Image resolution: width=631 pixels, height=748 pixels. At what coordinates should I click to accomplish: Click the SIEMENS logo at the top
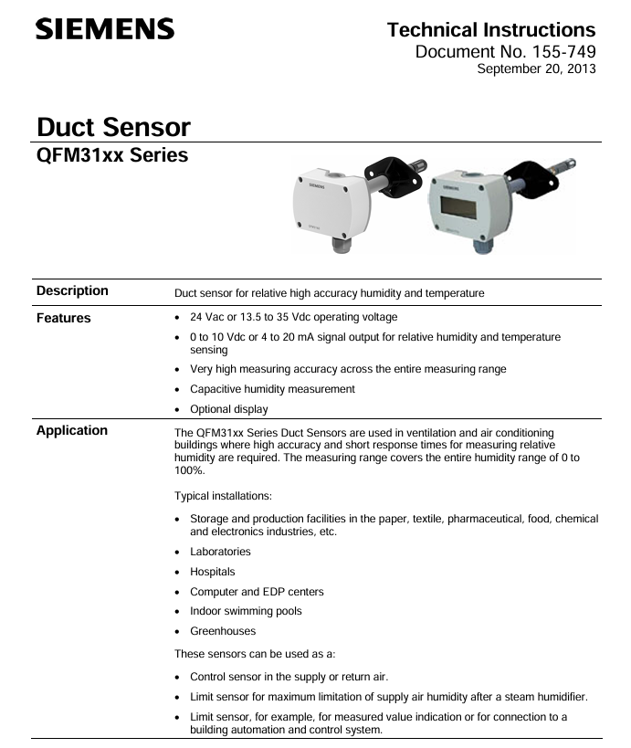pyautogui.click(x=105, y=29)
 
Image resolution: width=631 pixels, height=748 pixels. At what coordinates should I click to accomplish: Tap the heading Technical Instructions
pyautogui.click(x=491, y=30)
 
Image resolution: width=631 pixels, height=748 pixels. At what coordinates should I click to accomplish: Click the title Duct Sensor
pyautogui.click(x=113, y=127)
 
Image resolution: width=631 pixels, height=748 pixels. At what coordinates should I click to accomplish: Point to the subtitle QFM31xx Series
pyautogui.click(x=112, y=155)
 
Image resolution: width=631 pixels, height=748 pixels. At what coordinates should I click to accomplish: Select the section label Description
pyautogui.click(x=72, y=291)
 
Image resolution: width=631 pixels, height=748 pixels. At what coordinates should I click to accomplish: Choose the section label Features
pyautogui.click(x=64, y=319)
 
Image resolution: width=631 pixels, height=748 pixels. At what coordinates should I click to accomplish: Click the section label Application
pyautogui.click(x=72, y=431)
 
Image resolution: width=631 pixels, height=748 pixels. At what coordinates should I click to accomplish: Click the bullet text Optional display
pyautogui.click(x=229, y=409)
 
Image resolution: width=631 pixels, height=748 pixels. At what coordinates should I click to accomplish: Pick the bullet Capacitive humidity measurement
pyautogui.click(x=272, y=389)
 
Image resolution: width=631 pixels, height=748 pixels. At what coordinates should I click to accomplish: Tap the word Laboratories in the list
pyautogui.click(x=220, y=552)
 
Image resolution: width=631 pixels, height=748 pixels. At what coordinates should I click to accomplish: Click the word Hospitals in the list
pyautogui.click(x=213, y=572)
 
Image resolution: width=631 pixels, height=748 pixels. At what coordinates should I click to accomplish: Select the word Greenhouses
pyautogui.click(x=223, y=631)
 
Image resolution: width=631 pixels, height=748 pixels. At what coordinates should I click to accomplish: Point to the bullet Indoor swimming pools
pyautogui.click(x=246, y=611)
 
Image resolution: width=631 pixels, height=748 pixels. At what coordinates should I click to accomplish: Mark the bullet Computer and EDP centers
pyautogui.click(x=257, y=592)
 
